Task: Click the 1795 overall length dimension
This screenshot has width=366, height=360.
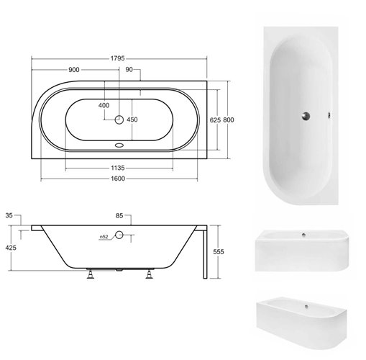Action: [117, 58]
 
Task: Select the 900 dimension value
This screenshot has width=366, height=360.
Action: [74, 70]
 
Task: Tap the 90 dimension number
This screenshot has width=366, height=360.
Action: [129, 70]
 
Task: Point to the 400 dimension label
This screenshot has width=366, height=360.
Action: [104, 105]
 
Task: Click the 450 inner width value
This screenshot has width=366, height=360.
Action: [132, 120]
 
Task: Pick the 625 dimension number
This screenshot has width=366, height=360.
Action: [215, 120]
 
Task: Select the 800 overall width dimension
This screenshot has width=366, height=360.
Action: [229, 120]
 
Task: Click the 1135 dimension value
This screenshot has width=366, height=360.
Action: [118, 168]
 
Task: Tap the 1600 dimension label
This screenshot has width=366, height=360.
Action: [118, 179]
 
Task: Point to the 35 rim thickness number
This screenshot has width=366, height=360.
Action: [9, 215]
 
